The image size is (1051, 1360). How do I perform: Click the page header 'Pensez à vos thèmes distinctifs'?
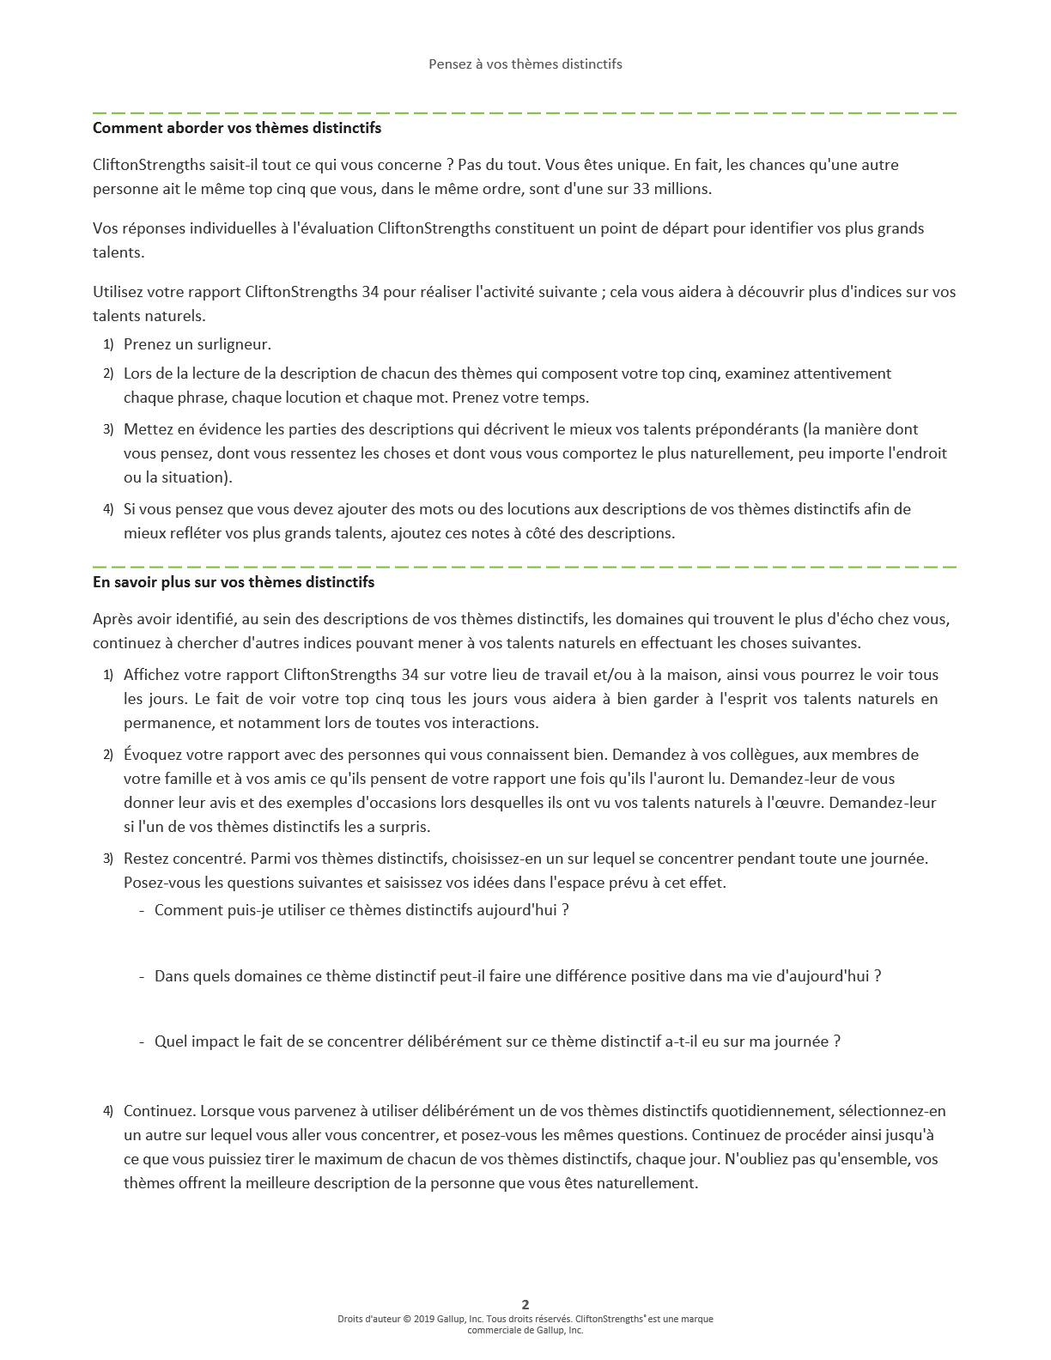[525, 64]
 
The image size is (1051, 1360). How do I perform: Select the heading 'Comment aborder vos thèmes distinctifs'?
[237, 128]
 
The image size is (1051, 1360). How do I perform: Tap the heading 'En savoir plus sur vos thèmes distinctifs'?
[234, 582]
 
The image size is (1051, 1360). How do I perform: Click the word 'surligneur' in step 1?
[234, 344]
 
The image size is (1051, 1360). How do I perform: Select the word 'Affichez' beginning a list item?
[151, 675]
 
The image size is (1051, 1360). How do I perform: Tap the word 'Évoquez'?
[152, 755]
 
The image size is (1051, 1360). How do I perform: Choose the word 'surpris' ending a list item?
[403, 827]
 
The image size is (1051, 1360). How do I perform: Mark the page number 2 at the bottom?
[525, 1304]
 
